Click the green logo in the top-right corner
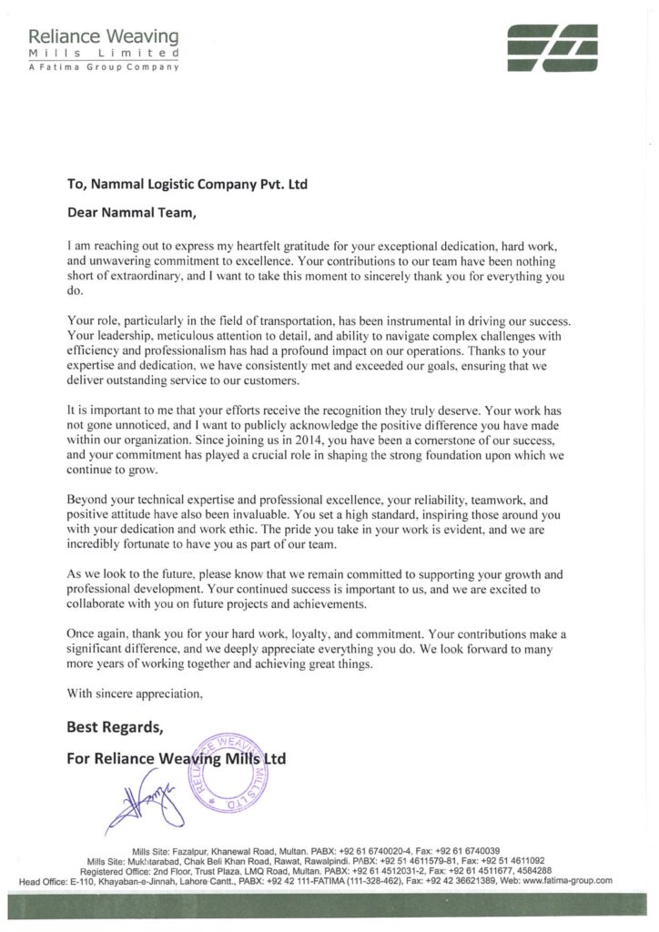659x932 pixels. [553, 45]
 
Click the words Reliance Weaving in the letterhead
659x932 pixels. [104, 37]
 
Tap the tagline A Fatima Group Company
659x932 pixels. [104, 67]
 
